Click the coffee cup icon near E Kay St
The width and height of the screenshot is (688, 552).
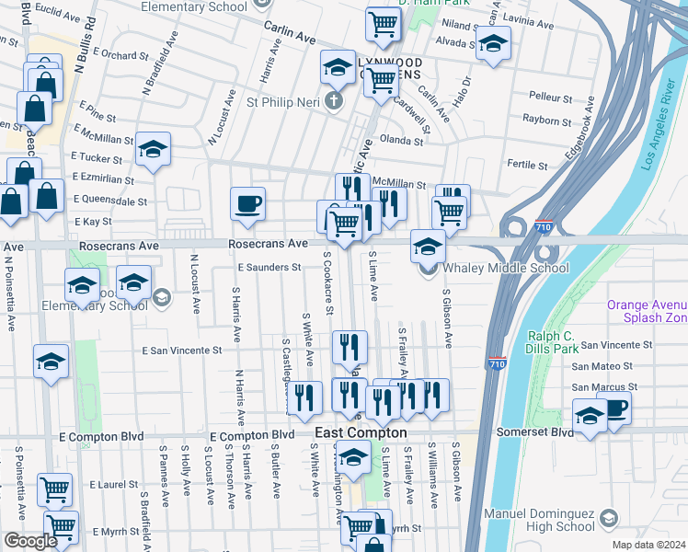tap(247, 203)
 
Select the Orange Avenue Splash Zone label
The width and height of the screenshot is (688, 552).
tap(646, 311)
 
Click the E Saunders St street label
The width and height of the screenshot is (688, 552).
tap(269, 267)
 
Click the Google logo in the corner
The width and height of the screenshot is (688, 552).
tap(30, 542)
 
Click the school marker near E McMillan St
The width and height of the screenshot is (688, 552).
tap(153, 149)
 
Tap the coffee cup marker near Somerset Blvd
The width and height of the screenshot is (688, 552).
tap(613, 407)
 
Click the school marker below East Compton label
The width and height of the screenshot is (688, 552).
tap(352, 455)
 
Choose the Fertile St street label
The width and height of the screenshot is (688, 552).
tap(527, 165)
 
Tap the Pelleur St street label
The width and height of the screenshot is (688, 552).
tap(551, 97)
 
